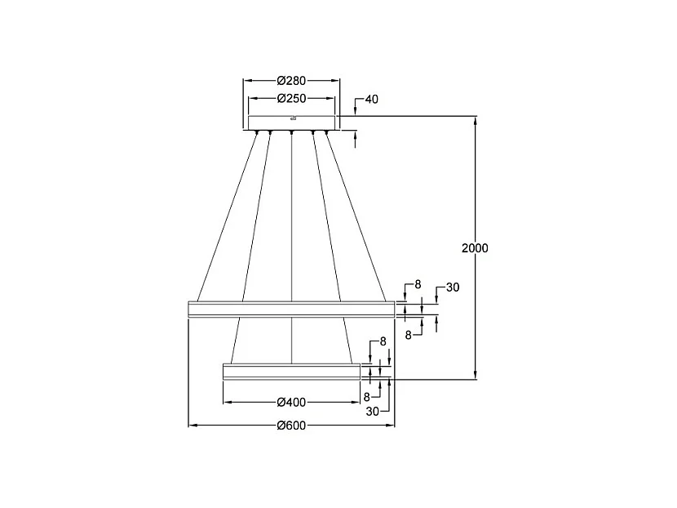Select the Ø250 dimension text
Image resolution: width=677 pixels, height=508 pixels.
pyautogui.click(x=291, y=98)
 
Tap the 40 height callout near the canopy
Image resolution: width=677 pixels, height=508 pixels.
pyautogui.click(x=371, y=100)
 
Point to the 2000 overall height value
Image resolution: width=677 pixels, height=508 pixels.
pyautogui.click(x=475, y=248)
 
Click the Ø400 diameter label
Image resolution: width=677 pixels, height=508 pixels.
pyautogui.click(x=291, y=403)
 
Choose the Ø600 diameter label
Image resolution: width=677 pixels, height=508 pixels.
pyautogui.click(x=291, y=426)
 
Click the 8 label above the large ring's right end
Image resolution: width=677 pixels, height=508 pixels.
pyautogui.click(x=418, y=284)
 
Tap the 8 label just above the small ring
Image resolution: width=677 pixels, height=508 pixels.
pyautogui.click(x=383, y=341)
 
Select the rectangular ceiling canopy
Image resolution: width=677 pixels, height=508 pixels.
pyautogui.click(x=291, y=123)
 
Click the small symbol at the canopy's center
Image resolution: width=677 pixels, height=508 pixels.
pyautogui.click(x=291, y=118)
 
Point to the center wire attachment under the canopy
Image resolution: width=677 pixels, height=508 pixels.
pyautogui.click(x=292, y=131)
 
